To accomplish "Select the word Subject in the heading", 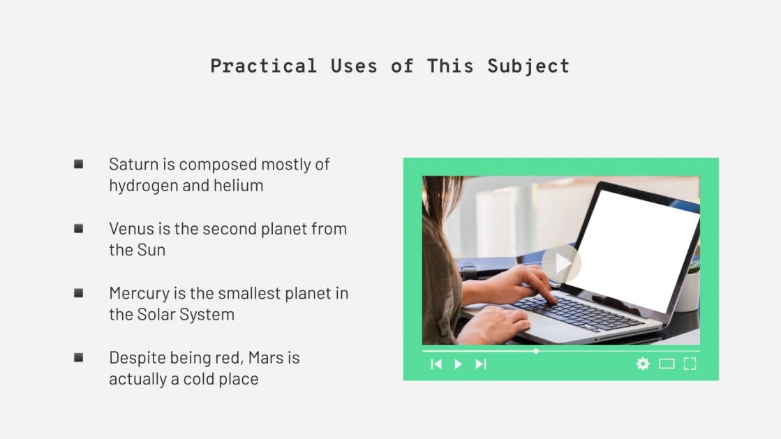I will [528, 66].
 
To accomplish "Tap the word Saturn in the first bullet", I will [133, 165].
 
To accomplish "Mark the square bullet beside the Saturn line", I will [79, 164].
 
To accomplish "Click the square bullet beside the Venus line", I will [79, 228].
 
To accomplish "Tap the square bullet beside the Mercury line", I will [79, 293].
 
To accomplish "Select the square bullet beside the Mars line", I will [79, 357].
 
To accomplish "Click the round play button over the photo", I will [561, 263].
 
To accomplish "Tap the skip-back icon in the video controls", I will [436, 364].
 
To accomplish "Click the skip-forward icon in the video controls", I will [481, 364].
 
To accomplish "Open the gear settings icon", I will [643, 364].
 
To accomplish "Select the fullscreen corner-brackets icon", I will [690, 364].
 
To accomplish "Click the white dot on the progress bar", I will [536, 351].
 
